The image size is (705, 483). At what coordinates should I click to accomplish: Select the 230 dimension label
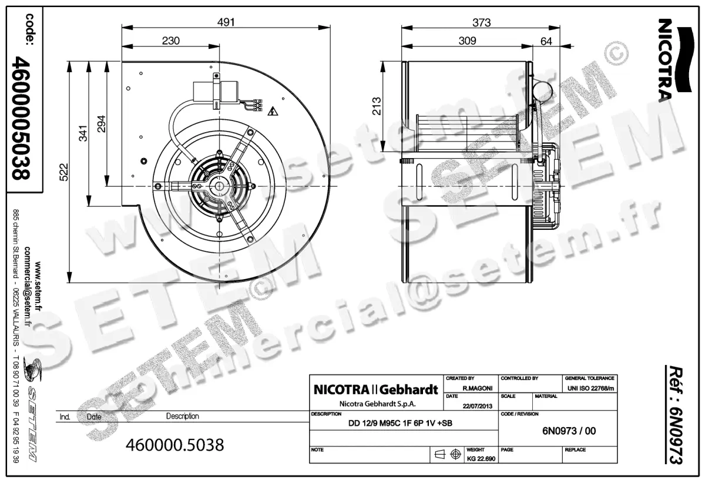170,41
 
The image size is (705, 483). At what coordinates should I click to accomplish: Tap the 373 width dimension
481,22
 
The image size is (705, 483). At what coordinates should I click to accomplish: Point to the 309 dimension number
467,41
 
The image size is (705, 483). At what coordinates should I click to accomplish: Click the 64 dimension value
546,41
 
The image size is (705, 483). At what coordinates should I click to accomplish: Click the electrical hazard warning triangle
272,111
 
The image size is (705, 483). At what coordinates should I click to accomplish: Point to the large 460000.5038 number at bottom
175,445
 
